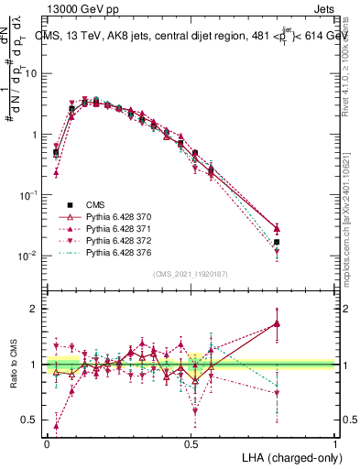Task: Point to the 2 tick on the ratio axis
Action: point(34,309)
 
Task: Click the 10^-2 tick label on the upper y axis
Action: point(27,256)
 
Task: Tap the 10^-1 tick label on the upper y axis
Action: point(27,195)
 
